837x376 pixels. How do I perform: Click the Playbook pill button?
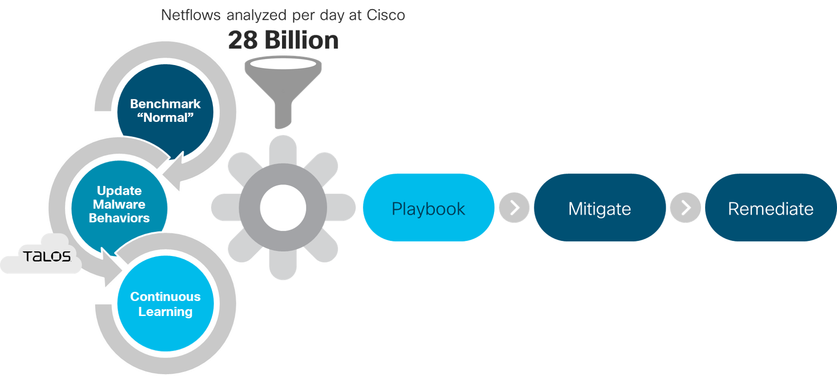click(428, 208)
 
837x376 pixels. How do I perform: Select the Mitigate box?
click(599, 208)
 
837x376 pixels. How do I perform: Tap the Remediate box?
click(771, 208)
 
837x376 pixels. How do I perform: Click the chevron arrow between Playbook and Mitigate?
click(514, 208)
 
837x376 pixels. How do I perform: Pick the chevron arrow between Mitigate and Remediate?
click(685, 208)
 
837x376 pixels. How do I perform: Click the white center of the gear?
click(283, 207)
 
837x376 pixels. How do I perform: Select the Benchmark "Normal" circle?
click(165, 110)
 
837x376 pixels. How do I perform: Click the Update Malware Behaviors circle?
click(119, 204)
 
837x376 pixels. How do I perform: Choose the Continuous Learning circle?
click(165, 304)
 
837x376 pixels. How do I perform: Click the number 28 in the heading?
click(243, 40)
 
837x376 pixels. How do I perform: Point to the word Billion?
click(302, 40)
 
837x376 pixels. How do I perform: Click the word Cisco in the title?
click(386, 15)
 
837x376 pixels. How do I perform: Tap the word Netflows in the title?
click(190, 15)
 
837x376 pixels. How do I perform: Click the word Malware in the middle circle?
click(119, 204)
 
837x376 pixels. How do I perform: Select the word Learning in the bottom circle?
click(165, 312)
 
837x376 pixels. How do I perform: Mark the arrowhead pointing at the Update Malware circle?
click(173, 171)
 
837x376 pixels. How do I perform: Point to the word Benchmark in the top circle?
click(165, 104)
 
